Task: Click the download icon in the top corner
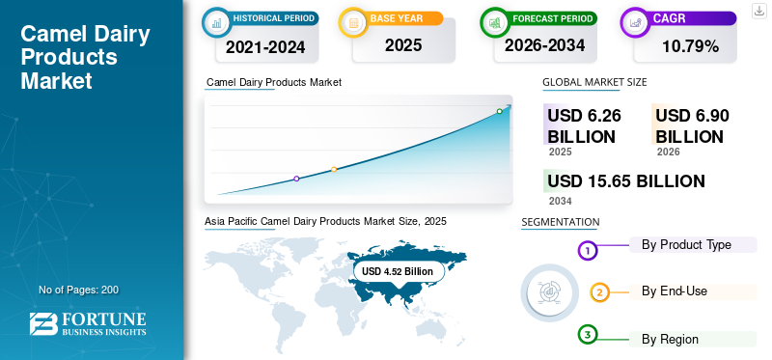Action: [760, 11]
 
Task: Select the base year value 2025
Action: [403, 45]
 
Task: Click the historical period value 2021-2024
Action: [265, 46]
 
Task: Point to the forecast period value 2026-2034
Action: [544, 45]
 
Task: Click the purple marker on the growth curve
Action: [296, 179]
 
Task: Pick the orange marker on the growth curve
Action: [334, 170]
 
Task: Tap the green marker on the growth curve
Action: [499, 111]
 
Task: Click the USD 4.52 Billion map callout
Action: [398, 271]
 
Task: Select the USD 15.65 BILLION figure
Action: [626, 181]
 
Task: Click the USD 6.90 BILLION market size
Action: [692, 126]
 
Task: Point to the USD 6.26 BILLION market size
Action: [585, 126]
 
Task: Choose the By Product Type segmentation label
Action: [686, 245]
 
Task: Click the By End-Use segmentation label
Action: [674, 291]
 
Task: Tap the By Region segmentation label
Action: [670, 340]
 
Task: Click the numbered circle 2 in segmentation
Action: [599, 293]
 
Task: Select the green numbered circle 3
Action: [588, 335]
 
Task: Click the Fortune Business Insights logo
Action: [88, 323]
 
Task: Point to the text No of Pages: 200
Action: [79, 290]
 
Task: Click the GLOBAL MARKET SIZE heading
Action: [594, 82]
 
